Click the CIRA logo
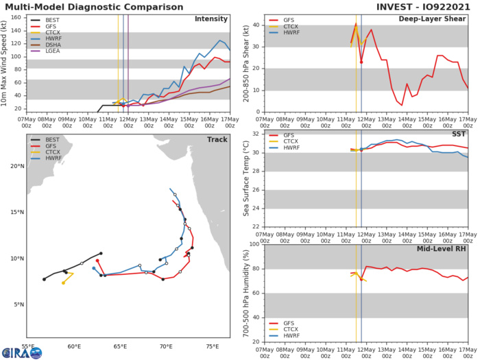(21, 352)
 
